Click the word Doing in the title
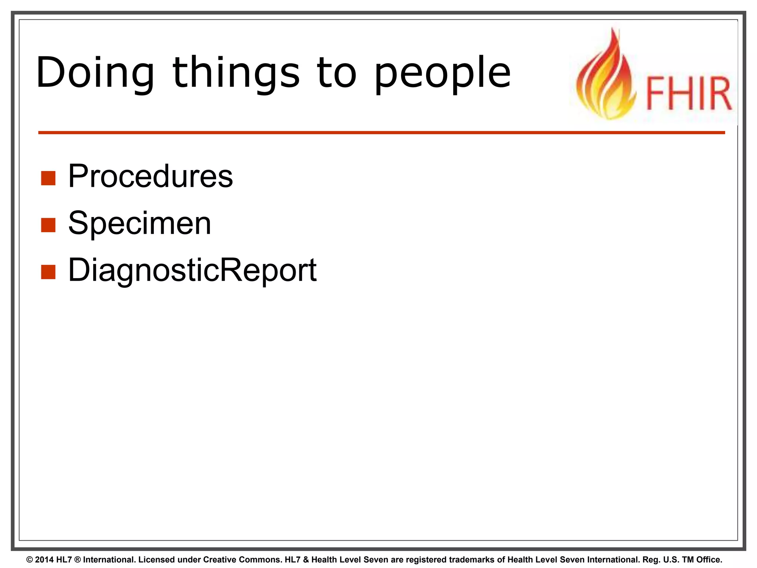tap(95, 72)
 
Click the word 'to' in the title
tap(336, 73)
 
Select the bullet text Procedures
tap(150, 176)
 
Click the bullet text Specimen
tap(139, 223)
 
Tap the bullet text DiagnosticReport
tap(192, 270)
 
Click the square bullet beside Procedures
tap(48, 178)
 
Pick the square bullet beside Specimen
tap(48, 225)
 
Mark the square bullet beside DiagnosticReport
tap(48, 272)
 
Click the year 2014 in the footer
tap(44, 559)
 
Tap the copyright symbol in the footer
tap(30, 559)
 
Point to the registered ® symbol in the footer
tap(77, 559)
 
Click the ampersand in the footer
tap(306, 559)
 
